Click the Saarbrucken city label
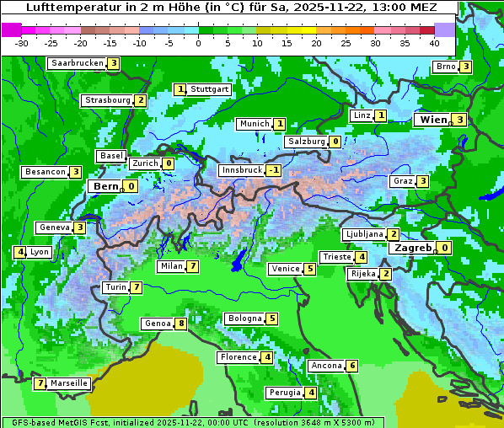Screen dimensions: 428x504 (78, 63)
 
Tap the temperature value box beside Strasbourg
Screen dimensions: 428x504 (141, 100)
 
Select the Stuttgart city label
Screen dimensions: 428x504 (209, 89)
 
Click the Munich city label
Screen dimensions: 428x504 (255, 124)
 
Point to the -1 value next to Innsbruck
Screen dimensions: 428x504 (274, 170)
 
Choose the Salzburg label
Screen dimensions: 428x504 (306, 142)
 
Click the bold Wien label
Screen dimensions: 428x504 (432, 120)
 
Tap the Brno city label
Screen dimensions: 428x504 (446, 67)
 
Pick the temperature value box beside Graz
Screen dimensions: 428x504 (422, 181)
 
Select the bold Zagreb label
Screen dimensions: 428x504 (412, 248)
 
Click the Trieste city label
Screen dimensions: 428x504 (336, 257)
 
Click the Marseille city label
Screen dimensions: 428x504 (68, 383)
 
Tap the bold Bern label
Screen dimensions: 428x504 (106, 186)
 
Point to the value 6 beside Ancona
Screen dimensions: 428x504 (352, 366)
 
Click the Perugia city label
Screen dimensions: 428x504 (285, 393)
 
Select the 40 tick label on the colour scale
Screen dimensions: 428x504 (434, 43)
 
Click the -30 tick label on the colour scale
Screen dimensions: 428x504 (22, 43)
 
